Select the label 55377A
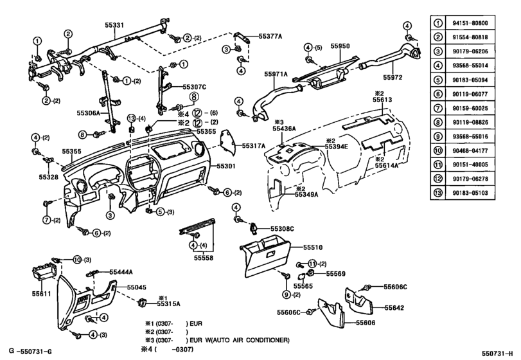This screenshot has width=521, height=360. pos(272,37)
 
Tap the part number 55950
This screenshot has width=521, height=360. pos(340,47)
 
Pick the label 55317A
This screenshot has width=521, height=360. pos(253,147)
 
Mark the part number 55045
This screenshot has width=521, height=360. pos(136,287)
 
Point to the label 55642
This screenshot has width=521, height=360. pos(394,308)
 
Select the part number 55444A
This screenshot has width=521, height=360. pos(121,272)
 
